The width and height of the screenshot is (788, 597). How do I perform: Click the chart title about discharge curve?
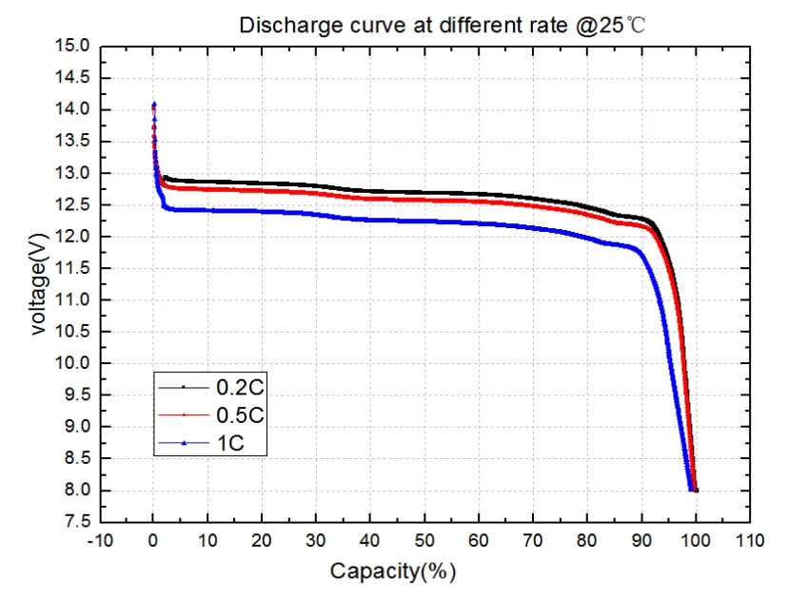pyautogui.click(x=443, y=24)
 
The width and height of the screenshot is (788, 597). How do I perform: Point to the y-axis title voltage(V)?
pyautogui.click(x=38, y=282)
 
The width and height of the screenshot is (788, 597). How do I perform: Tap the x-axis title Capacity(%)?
pyautogui.click(x=393, y=571)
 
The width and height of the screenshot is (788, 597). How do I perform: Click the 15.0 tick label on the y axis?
pyautogui.click(x=74, y=46)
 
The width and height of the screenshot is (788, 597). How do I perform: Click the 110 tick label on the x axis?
pyautogui.click(x=750, y=541)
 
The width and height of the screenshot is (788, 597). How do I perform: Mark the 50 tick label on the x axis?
pyautogui.click(x=424, y=541)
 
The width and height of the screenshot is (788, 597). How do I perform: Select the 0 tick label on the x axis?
pyautogui.click(x=153, y=541)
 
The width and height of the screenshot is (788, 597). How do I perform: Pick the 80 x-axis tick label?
pyautogui.click(x=587, y=541)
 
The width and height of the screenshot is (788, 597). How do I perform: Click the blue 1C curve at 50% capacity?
pyautogui.click(x=424, y=221)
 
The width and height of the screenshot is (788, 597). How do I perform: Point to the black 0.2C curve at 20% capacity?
pyautogui.click(x=262, y=183)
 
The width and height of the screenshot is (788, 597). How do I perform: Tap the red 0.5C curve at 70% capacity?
pyautogui.click(x=533, y=204)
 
